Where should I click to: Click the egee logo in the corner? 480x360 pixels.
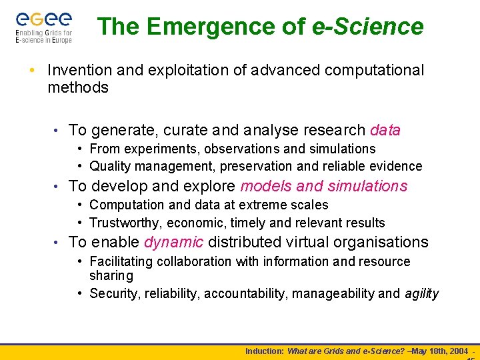(x=43, y=26)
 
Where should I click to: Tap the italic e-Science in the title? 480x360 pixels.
(x=367, y=27)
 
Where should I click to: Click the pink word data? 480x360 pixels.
(x=385, y=130)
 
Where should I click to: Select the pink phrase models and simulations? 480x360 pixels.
(x=323, y=186)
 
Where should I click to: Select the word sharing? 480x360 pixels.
(x=111, y=276)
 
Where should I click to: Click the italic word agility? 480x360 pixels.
(x=422, y=294)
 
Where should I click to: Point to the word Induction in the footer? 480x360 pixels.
(x=264, y=351)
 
